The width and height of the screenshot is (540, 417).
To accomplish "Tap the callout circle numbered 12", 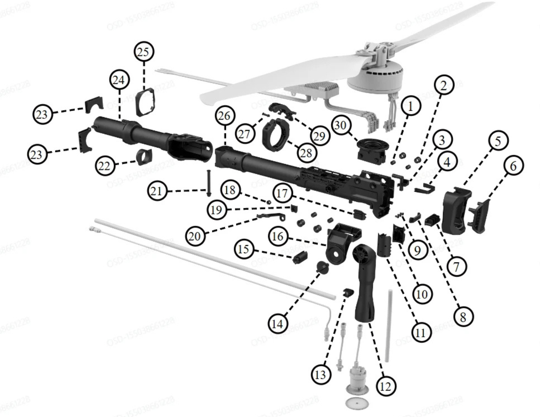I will pos(385,387).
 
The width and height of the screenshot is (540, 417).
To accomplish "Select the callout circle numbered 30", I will pos(341,125).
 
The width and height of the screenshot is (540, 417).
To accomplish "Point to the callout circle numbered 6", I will pos(514,166).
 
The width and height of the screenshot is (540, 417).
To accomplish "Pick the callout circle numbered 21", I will pos(157,191).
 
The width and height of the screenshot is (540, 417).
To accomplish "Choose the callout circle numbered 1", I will pos(411,107).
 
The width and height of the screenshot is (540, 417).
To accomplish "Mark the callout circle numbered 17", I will pos(282,193).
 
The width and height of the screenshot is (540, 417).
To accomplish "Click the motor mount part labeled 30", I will pos(372,152).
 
